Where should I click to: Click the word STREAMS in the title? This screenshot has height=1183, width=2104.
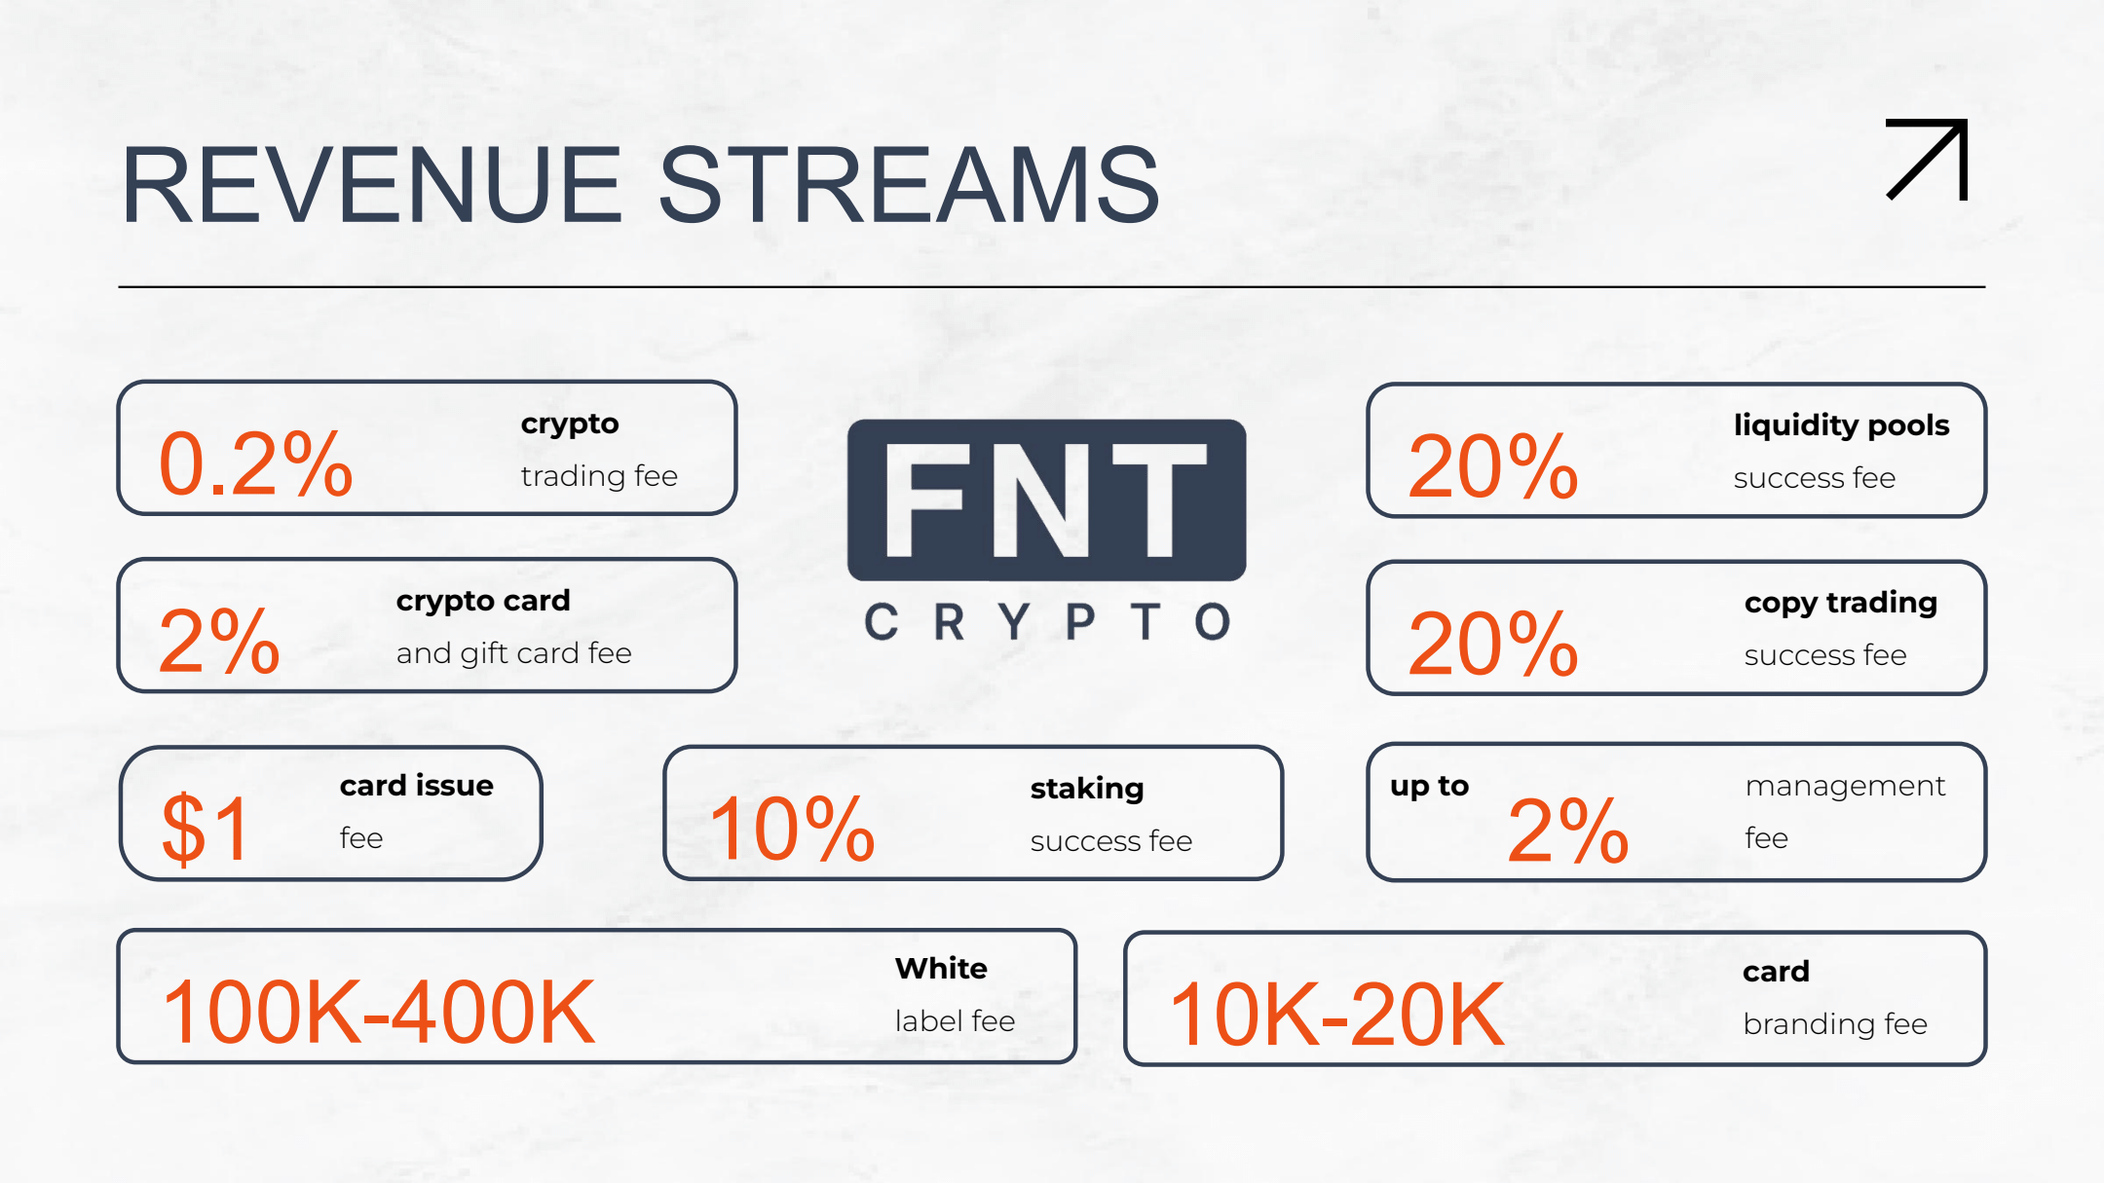[x=909, y=184]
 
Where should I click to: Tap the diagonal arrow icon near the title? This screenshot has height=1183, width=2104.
[x=1928, y=159]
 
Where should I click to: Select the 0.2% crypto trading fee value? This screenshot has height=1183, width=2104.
[x=255, y=463]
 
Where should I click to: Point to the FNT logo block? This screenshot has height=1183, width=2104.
[x=1046, y=499]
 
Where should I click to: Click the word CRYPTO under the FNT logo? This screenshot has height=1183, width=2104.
[x=1047, y=621]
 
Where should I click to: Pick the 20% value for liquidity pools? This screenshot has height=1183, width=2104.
[x=1492, y=466]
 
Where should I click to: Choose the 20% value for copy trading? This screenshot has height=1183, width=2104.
[x=1492, y=644]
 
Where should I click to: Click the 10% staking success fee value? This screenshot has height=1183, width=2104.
[x=792, y=829]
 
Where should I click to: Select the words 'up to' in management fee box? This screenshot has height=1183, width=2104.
[x=1429, y=786]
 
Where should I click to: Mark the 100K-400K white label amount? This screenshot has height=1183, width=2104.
[x=379, y=1013]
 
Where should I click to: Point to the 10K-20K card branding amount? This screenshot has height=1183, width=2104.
[x=1337, y=1015]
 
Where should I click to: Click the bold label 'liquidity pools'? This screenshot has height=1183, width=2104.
[x=1841, y=425]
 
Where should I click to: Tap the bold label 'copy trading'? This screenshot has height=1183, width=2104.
[x=1841, y=603]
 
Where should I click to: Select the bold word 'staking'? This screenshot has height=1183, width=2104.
[x=1087, y=789]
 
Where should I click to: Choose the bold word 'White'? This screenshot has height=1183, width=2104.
[x=941, y=968]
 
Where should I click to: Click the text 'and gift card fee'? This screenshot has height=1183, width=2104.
[x=513, y=653]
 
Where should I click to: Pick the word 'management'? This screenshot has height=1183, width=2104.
[x=1845, y=786]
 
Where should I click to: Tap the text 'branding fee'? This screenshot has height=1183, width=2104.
[x=1835, y=1023]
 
